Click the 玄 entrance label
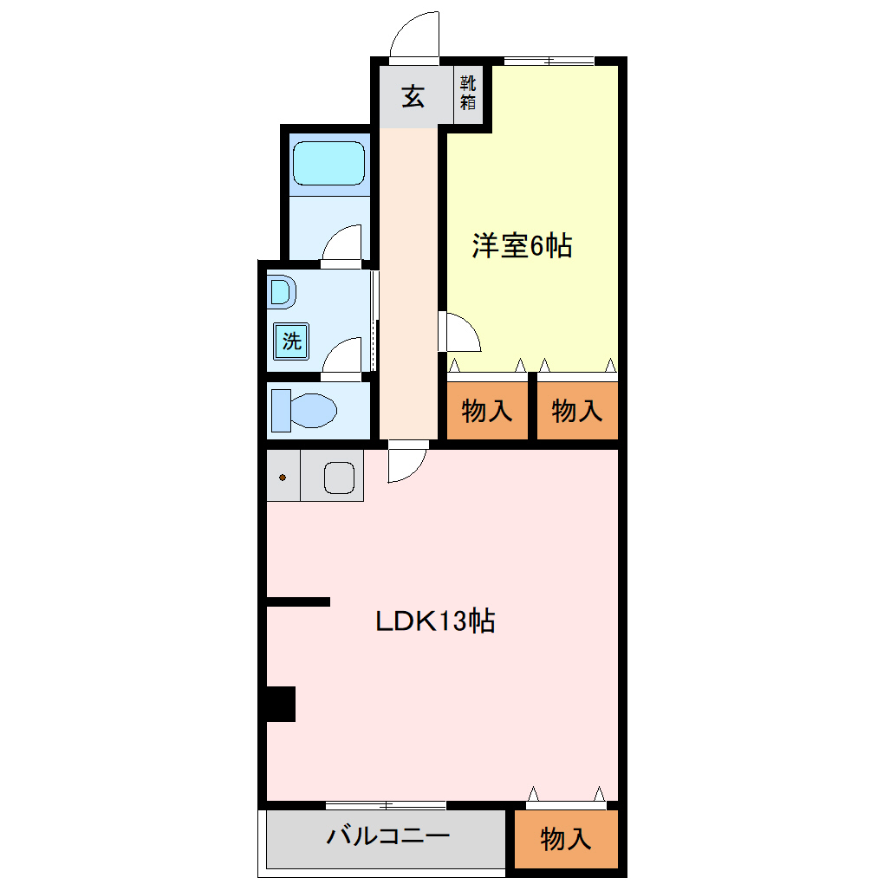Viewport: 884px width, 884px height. point(413,97)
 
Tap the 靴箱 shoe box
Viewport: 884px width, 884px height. point(468,93)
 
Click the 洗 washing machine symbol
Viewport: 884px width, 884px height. point(291,341)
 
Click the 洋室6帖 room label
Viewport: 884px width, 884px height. point(522,246)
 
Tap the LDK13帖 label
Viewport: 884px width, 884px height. point(434,621)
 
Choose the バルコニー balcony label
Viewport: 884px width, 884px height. point(387,837)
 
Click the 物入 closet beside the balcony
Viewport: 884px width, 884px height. point(566,838)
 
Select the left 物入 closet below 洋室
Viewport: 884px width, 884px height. point(487,411)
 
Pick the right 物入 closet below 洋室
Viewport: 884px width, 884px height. point(577,411)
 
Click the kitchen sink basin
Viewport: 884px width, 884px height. point(339,476)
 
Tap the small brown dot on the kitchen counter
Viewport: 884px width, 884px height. point(283,477)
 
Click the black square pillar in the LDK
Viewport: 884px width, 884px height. point(281,703)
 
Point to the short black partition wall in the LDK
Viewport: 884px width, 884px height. point(298,601)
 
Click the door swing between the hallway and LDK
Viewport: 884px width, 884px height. point(406,462)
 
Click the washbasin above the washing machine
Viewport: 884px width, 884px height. point(281,292)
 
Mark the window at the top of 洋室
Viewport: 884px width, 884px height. point(549,61)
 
